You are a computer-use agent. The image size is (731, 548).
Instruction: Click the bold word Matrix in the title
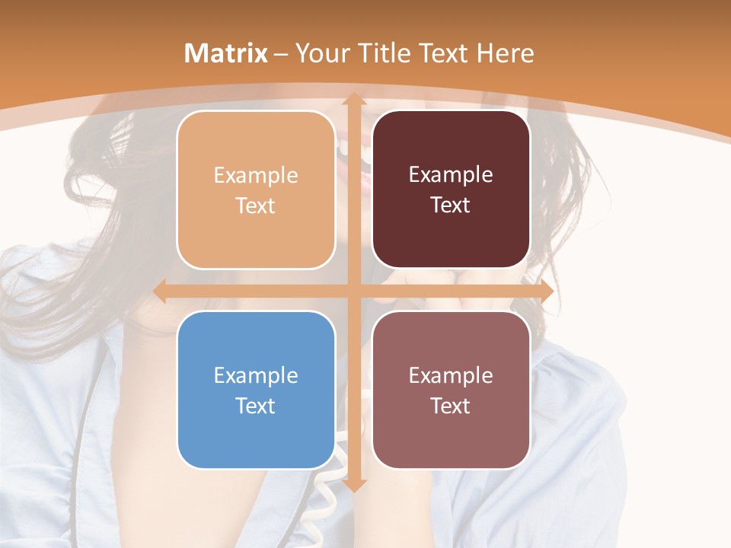coord(226,53)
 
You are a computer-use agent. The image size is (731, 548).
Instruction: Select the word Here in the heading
coord(506,53)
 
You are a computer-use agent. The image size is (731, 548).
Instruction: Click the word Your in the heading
coord(321,53)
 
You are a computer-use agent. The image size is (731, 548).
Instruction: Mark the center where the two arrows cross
coord(353,292)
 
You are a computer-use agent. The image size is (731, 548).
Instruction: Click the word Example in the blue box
coord(256,375)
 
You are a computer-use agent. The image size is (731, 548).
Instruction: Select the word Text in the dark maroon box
coord(451,205)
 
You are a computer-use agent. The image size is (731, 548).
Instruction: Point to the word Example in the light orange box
coord(256,176)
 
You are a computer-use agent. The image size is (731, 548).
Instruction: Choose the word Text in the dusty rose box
coord(451,406)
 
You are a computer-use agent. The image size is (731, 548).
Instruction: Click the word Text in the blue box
coord(256,406)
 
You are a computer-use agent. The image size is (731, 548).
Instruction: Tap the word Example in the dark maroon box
coord(451,175)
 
